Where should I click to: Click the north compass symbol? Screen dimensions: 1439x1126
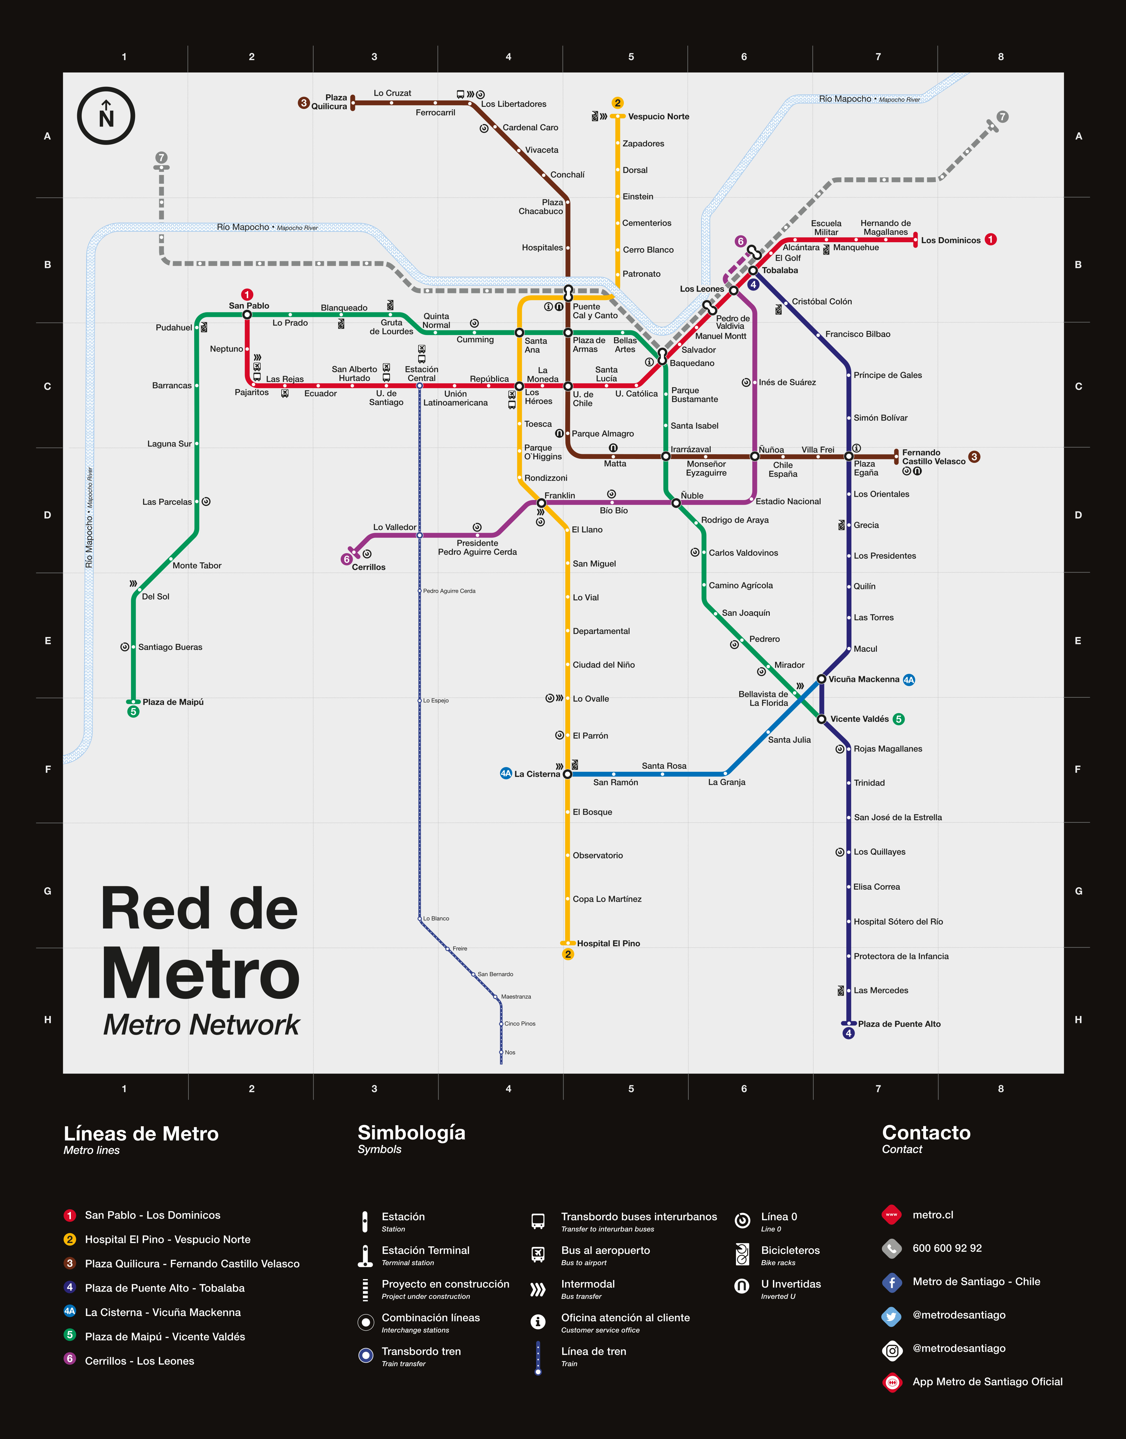pos(106,116)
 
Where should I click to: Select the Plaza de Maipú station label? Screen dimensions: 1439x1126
pos(173,702)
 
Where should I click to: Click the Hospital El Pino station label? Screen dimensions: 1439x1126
pos(608,943)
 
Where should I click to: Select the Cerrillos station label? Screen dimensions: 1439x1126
pos(368,567)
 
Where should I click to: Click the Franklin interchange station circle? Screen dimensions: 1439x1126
pos(541,503)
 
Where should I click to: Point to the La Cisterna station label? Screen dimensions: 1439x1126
pos(537,774)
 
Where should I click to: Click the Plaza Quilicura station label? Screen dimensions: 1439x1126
pos(330,102)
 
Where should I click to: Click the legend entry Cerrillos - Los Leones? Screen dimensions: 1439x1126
pos(139,1360)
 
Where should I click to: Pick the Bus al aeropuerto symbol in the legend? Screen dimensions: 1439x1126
pos(538,1254)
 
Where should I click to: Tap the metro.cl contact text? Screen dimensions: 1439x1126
pos(932,1215)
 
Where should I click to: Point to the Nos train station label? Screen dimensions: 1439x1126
pos(509,1052)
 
